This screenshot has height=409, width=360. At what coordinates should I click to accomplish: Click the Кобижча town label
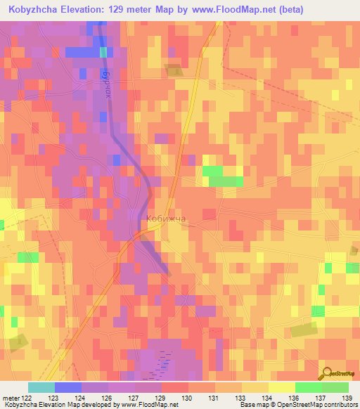(166, 219)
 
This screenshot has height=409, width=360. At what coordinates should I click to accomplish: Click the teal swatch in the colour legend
(41, 387)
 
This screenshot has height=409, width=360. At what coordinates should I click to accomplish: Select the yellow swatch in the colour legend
(282, 387)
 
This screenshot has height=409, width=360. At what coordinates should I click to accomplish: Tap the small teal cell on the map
(104, 52)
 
